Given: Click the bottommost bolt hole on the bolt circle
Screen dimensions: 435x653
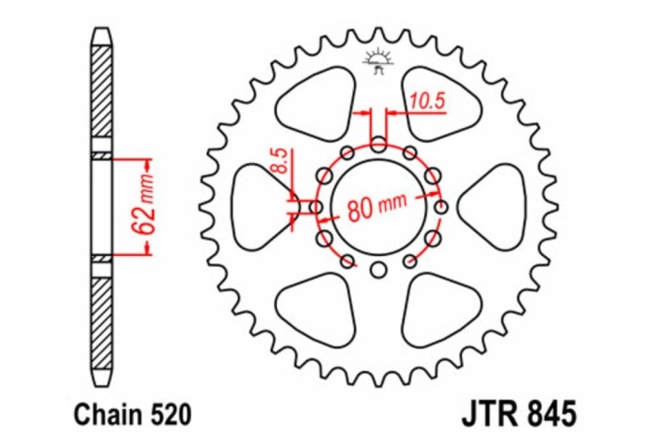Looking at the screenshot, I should tap(378, 270).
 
